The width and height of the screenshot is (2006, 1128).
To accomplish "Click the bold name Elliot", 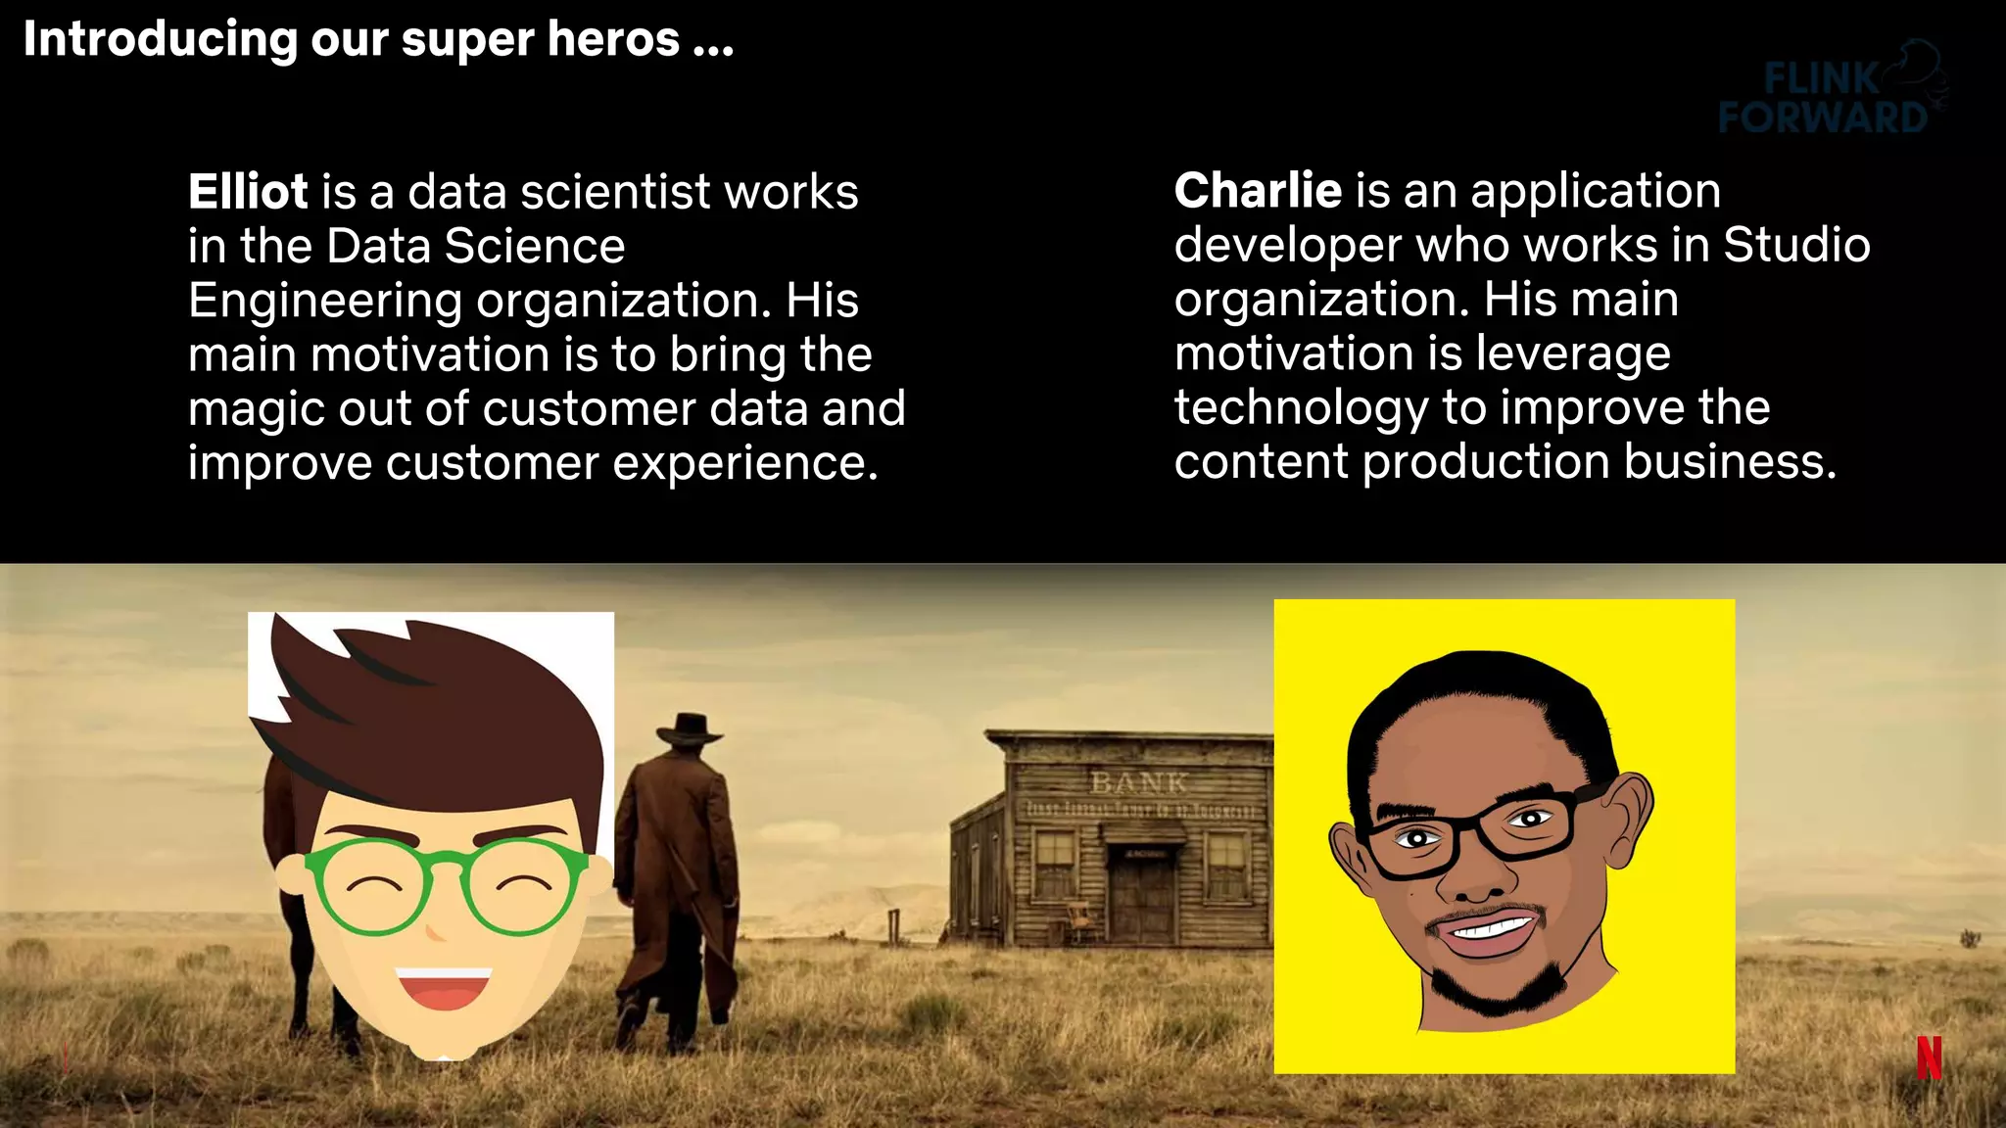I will pyautogui.click(x=248, y=192).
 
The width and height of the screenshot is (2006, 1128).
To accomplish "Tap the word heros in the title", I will pyautogui.click(x=613, y=40).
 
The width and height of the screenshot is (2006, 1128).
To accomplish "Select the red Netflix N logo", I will pyautogui.click(x=1929, y=1057).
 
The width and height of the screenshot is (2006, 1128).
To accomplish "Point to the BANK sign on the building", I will pyautogui.click(x=1138, y=782).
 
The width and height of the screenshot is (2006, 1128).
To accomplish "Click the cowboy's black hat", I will pyautogui.click(x=689, y=728).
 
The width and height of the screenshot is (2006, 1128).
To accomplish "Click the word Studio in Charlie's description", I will pyautogui.click(x=1796, y=245).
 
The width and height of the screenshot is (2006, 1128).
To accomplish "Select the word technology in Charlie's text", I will pyautogui.click(x=1300, y=408).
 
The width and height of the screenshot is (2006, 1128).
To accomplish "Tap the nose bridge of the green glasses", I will pyautogui.click(x=446, y=864).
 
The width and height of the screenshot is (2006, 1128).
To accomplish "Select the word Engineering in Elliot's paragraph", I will pyautogui.click(x=324, y=302).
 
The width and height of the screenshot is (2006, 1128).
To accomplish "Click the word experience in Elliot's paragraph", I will pyautogui.click(x=744, y=464).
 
